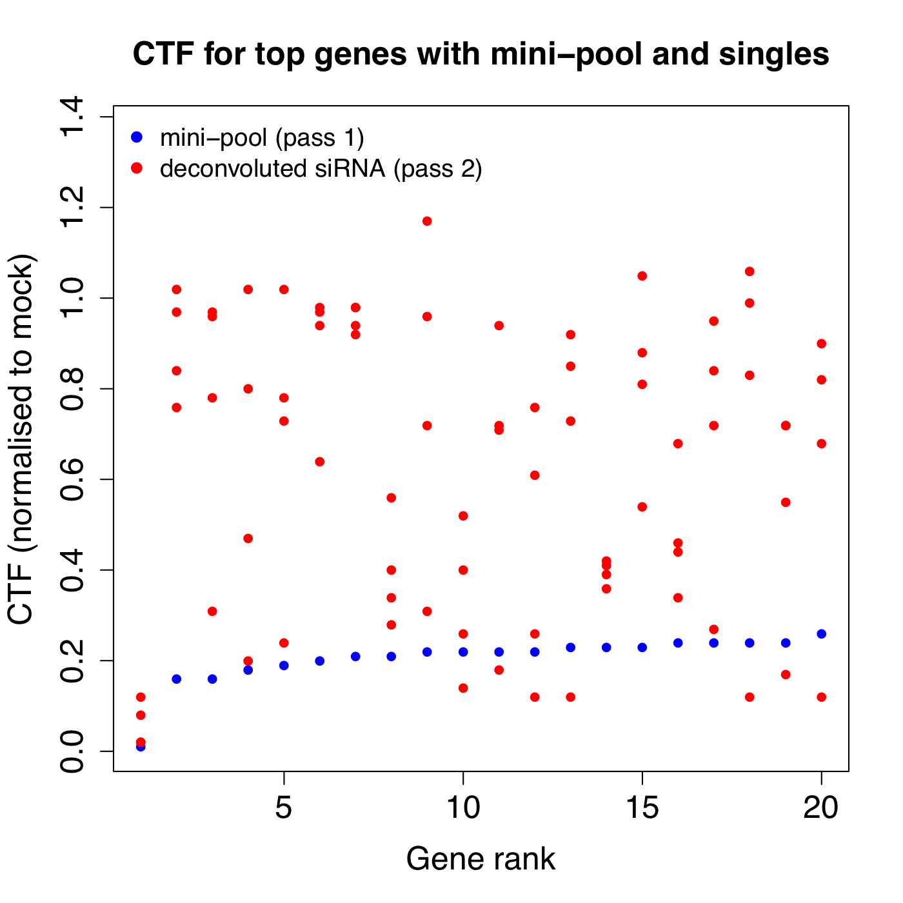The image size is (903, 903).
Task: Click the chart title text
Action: [481, 54]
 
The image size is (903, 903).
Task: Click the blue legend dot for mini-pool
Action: [137, 137]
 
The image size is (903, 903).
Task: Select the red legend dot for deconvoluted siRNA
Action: [137, 168]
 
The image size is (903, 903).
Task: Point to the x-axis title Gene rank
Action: [481, 858]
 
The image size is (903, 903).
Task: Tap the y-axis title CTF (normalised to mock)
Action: [21, 439]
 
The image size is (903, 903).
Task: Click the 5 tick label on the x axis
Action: [284, 808]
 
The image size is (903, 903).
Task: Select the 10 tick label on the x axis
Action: [463, 808]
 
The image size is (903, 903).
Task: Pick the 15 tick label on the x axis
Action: [642, 808]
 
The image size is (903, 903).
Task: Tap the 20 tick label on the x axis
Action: [821, 808]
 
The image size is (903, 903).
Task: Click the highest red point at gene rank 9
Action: [427, 221]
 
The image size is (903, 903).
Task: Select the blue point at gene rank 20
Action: [822, 633]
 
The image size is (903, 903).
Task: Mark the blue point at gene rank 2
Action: [177, 679]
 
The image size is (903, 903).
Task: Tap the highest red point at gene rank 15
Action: [642, 276]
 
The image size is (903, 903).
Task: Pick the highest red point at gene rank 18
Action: [749, 272]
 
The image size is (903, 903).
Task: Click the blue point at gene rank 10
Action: [463, 652]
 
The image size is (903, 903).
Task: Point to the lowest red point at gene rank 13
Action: [571, 697]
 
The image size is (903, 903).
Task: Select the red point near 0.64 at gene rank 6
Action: [319, 462]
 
